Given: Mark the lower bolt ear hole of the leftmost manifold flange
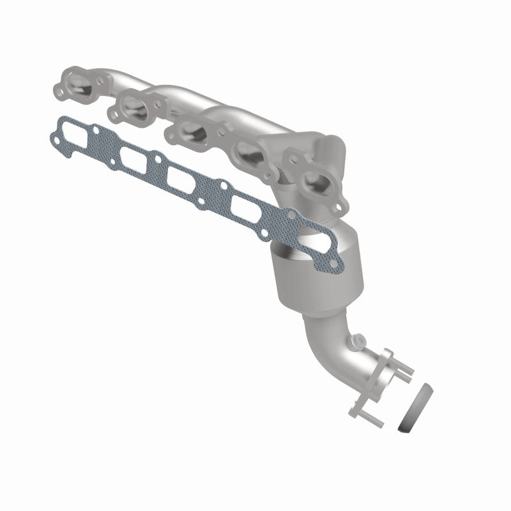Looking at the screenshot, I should pyautogui.click(x=65, y=97).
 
